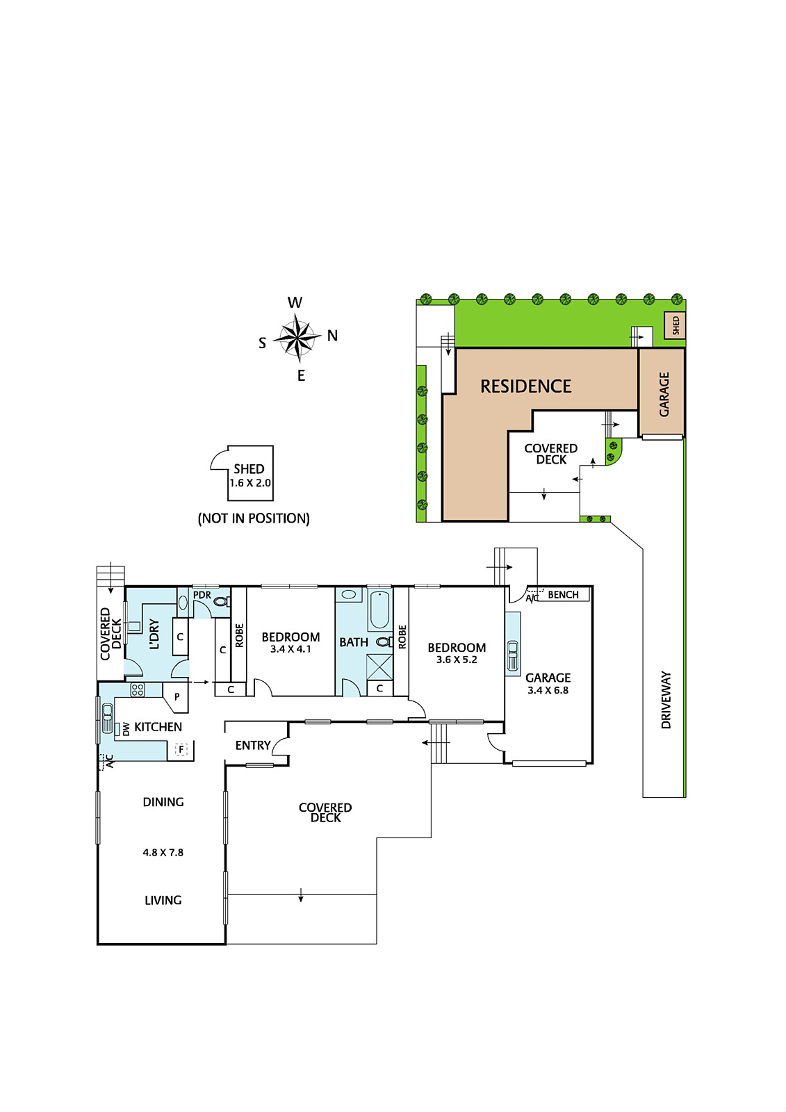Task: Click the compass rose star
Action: (297, 338)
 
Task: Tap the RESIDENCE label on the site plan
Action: (525, 386)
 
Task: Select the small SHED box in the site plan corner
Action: (676, 325)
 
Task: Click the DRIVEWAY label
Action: (666, 699)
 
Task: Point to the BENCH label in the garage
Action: (563, 594)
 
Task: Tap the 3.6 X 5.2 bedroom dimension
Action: (457, 660)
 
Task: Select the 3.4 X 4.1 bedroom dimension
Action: (290, 649)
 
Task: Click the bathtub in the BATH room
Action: (379, 610)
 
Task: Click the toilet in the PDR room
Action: (220, 603)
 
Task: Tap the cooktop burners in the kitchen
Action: (138, 690)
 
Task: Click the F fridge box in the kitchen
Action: (181, 749)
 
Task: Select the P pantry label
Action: (177, 697)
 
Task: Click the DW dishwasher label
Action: (126, 729)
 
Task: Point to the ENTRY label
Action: (253, 745)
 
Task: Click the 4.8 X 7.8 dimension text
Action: (163, 852)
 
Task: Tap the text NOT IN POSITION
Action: (254, 518)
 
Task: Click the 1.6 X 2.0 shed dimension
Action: (250, 482)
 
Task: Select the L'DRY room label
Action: (154, 634)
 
